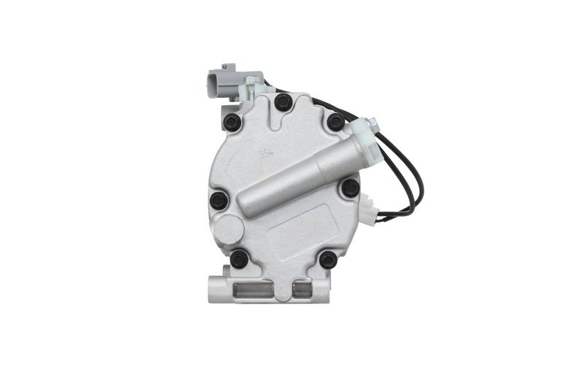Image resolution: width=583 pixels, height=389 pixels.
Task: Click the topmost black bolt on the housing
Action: pyautogui.click(x=283, y=102)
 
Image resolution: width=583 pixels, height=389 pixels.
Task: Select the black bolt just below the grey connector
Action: pyautogui.click(x=232, y=122)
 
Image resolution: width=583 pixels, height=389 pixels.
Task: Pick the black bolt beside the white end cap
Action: pyautogui.click(x=335, y=122)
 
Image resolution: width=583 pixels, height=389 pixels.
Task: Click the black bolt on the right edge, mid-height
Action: pyautogui.click(x=351, y=188)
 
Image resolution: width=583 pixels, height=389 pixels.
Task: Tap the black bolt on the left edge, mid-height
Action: pyautogui.click(x=219, y=200)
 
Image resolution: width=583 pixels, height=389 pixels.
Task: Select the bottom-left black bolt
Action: pyautogui.click(x=239, y=258)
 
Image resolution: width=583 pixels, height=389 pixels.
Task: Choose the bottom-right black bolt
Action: pyautogui.click(x=328, y=259)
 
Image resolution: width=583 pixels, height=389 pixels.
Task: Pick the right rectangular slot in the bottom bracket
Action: pyautogui.click(x=301, y=290)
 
